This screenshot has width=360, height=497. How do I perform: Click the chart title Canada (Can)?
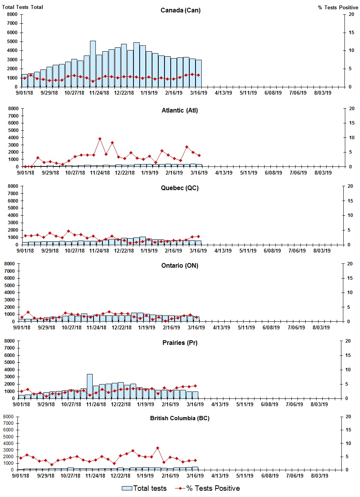pyautogui.click(x=180, y=10)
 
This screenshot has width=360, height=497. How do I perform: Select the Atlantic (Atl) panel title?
pyautogui.click(x=180, y=111)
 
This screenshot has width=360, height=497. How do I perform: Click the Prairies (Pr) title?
pyautogui.click(x=180, y=343)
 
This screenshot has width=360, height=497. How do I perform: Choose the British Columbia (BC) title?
pyautogui.click(x=180, y=418)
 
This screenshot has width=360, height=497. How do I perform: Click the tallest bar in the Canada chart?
pyautogui.click(x=93, y=64)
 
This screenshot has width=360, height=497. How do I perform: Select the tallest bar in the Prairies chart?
pyautogui.click(x=90, y=386)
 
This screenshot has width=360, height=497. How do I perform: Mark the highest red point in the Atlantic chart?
pyautogui.click(x=100, y=139)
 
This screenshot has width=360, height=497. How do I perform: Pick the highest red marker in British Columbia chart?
pyautogui.click(x=157, y=448)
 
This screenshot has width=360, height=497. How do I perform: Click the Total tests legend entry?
pyautogui.click(x=144, y=488)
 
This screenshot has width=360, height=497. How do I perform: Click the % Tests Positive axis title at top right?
pyautogui.click(x=338, y=7)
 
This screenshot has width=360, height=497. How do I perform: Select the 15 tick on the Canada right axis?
pyautogui.click(x=351, y=33)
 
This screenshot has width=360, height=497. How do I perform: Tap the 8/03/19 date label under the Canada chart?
pyautogui.click(x=322, y=93)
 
